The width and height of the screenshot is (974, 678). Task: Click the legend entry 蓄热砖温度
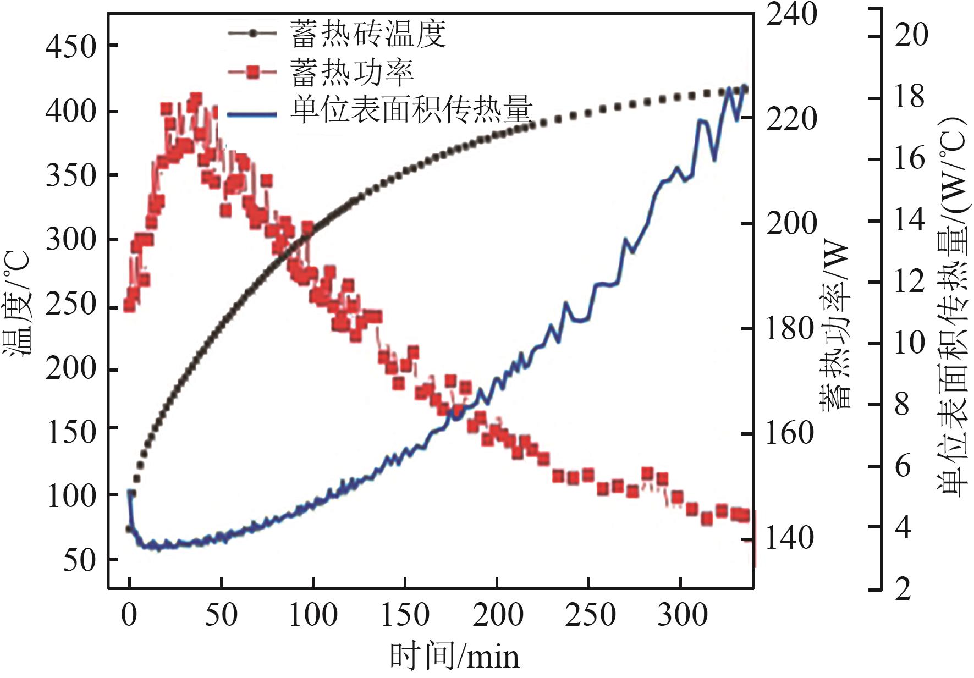point(367,34)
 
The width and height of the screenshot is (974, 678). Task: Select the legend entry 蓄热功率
point(352,72)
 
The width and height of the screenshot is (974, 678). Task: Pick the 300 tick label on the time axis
point(683,615)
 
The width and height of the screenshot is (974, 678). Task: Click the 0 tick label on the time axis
point(129,615)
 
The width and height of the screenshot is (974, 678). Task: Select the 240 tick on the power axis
point(791,14)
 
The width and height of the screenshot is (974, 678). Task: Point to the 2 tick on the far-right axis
point(903,589)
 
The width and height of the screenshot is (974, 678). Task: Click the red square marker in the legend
point(252,72)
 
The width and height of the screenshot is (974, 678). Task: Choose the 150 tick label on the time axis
point(405,615)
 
